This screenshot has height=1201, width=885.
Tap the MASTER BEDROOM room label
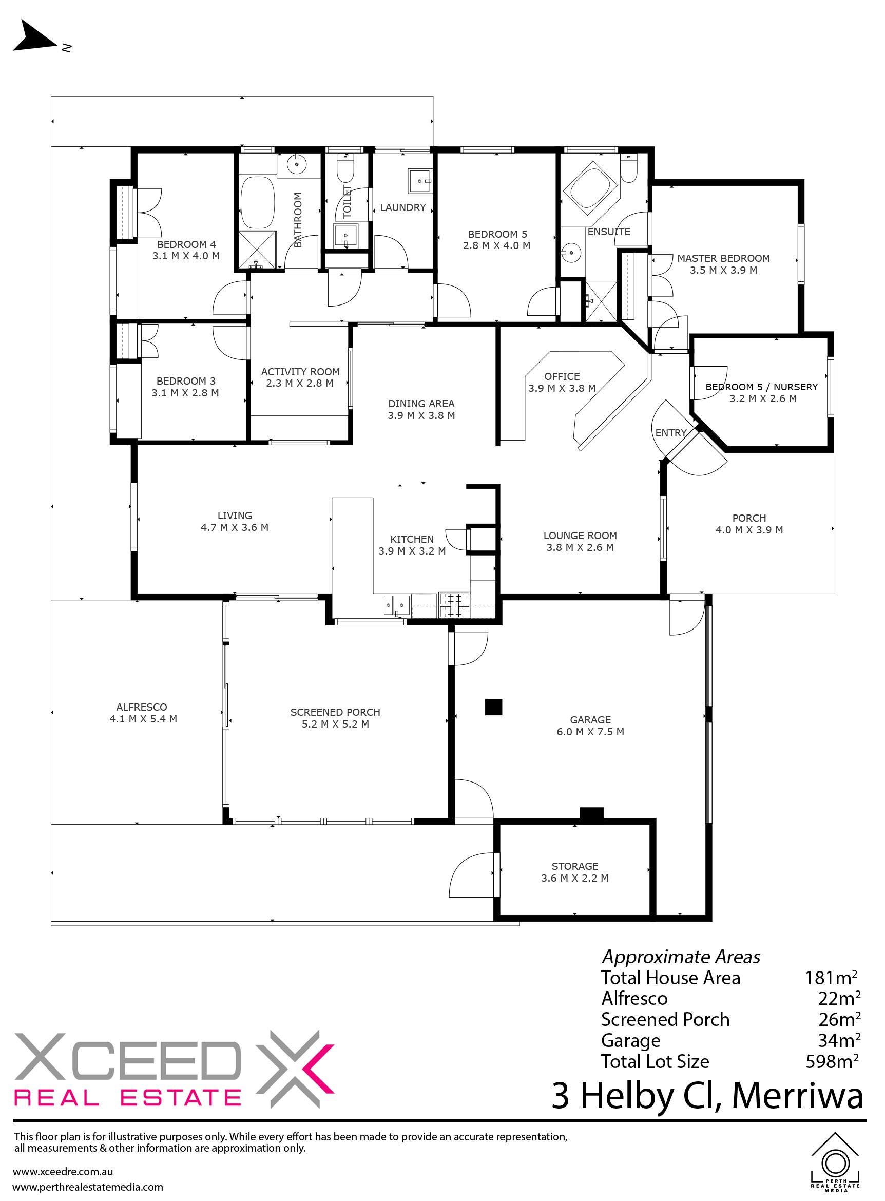coord(723,258)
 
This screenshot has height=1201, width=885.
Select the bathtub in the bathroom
coord(257,204)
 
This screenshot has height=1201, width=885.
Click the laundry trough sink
coord(420,181)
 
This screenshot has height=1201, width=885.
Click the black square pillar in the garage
coord(493,707)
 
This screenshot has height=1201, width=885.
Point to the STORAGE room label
coord(575,866)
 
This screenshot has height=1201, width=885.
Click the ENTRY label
coord(671,433)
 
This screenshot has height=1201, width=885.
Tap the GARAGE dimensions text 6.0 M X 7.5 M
coord(590,732)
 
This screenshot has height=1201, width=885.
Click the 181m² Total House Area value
coord(831,978)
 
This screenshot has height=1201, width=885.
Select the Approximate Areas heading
coord(681,957)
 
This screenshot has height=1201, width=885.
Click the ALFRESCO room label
coord(142,707)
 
